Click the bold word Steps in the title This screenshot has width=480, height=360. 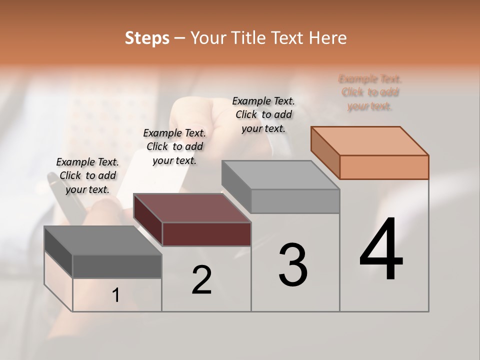tap(147, 38)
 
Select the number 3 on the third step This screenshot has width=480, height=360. tap(293, 265)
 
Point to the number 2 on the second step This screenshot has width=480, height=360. tap(201, 280)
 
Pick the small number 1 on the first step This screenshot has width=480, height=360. tap(116, 295)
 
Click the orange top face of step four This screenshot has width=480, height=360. tap(369, 140)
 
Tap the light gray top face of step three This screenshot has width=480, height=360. tap(280, 175)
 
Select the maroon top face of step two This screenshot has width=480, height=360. tap(192, 208)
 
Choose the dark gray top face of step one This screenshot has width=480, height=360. tap(102, 240)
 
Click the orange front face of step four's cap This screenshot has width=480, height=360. tap(384, 167)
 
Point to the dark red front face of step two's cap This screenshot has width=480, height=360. tap(206, 234)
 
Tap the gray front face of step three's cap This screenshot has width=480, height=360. tap(295, 201)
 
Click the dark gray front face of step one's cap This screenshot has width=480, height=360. tap(117, 266)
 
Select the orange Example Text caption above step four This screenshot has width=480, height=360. tap(370, 92)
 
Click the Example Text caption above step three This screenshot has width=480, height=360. tap(263, 114)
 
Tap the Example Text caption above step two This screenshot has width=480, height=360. tap(174, 146)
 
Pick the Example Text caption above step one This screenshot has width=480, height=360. tap(87, 175)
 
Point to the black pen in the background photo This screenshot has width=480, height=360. tap(62, 195)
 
